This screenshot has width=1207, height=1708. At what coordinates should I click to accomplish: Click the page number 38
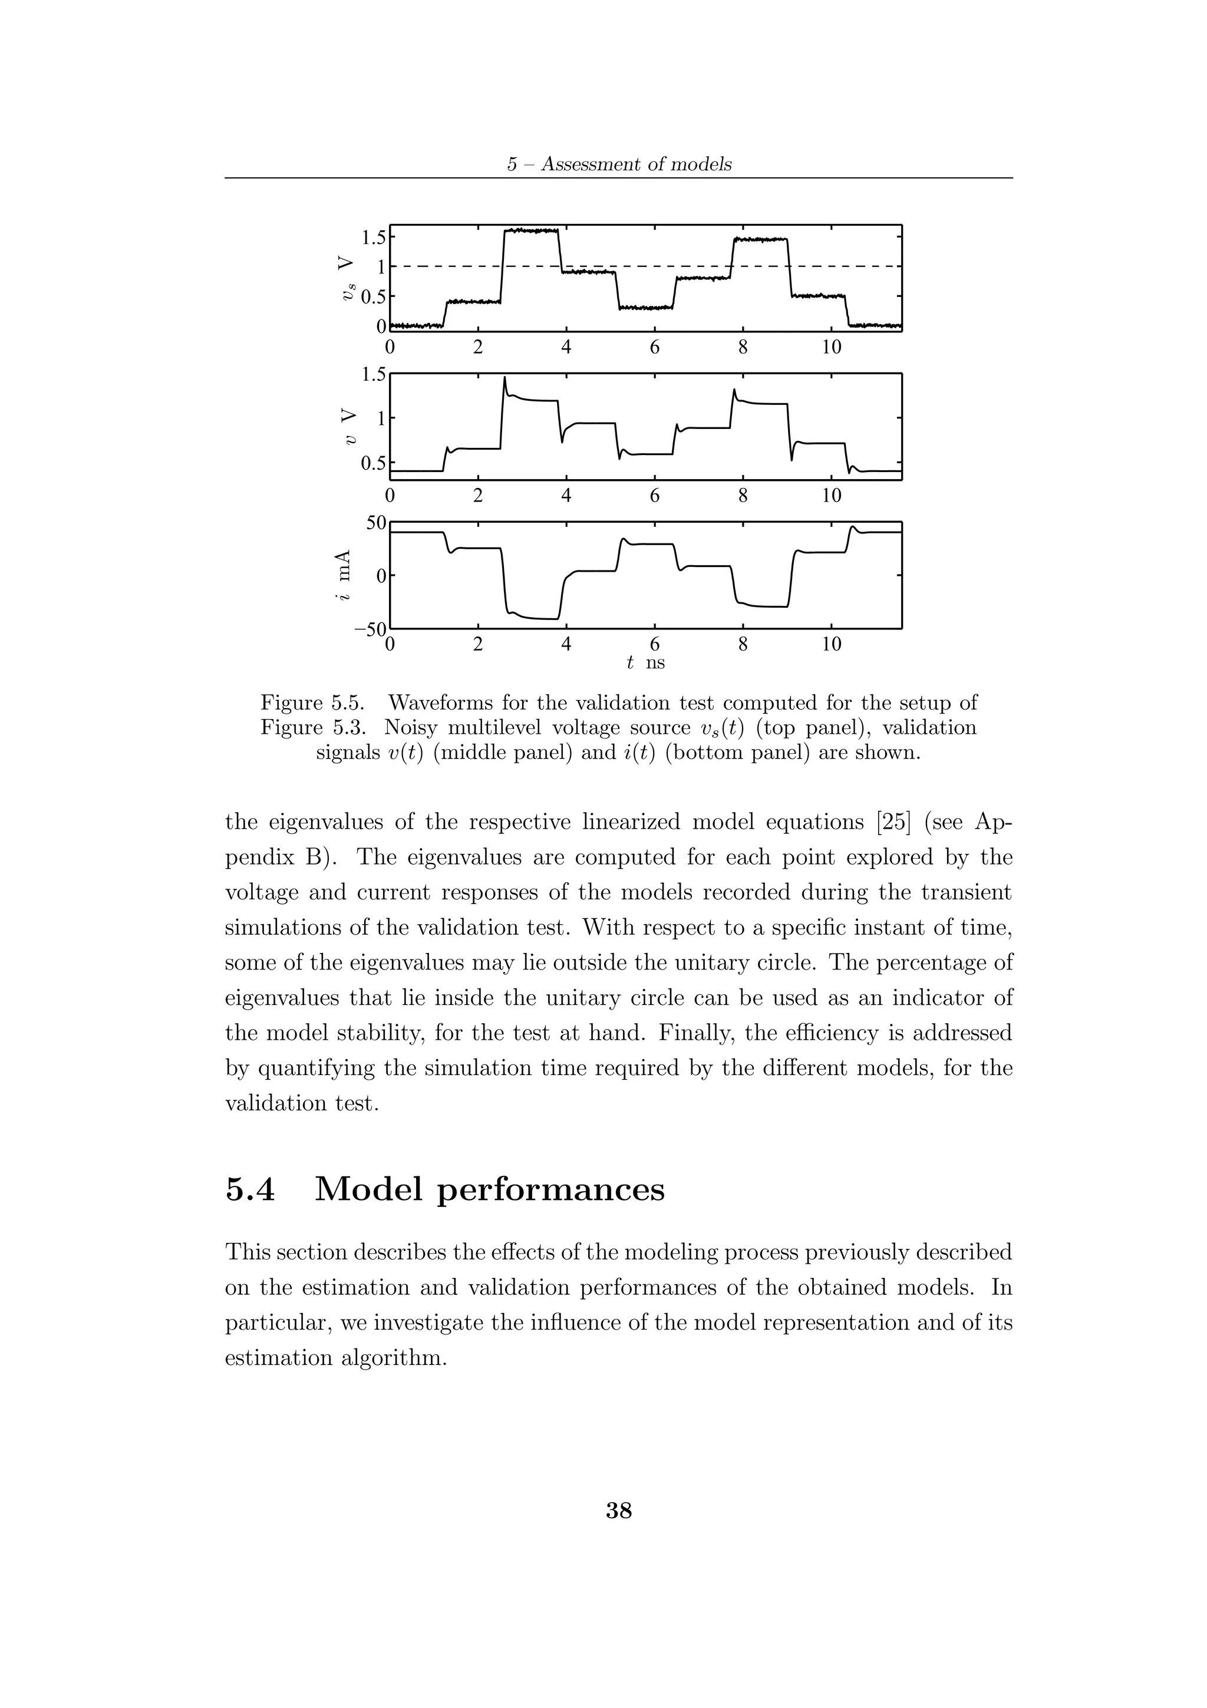[x=619, y=1510]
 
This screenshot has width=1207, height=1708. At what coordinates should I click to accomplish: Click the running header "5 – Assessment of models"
[x=619, y=164]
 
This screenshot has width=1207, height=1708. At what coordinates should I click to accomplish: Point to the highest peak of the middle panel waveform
[x=505, y=378]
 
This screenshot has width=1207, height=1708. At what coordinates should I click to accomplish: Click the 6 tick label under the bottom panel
[x=654, y=644]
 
